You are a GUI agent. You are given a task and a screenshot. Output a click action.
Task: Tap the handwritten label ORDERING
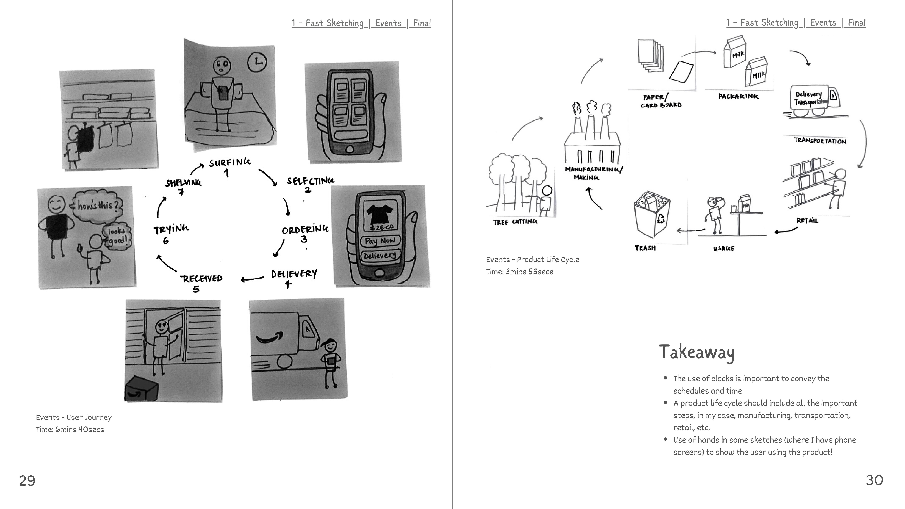[305, 230]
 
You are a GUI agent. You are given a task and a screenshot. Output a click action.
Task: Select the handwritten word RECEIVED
[201, 279]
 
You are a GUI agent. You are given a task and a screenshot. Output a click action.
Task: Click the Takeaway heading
[696, 352]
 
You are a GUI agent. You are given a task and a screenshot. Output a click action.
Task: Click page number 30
[874, 480]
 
